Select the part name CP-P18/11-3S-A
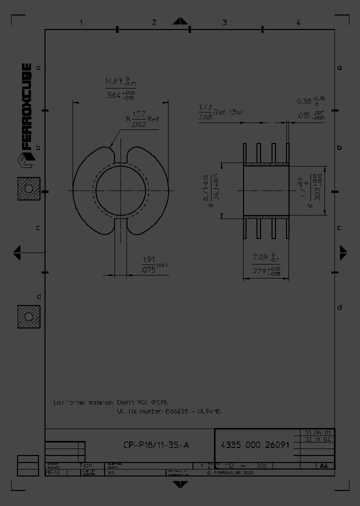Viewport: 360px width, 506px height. pyautogui.click(x=156, y=445)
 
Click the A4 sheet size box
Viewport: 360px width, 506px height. pyautogui.click(x=323, y=465)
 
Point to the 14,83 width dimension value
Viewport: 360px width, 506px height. pyautogui.click(x=113, y=81)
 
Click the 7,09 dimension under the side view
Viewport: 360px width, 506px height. pyautogui.click(x=260, y=257)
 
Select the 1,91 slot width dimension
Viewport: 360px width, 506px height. pyautogui.click(x=147, y=259)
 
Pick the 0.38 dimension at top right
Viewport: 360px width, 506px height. pyautogui.click(x=304, y=101)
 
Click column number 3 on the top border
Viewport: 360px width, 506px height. pyautogui.click(x=225, y=22)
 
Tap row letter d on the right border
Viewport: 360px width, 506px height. pyautogui.click(x=339, y=307)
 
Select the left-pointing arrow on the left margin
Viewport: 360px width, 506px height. pyautogui.click(x=17, y=252)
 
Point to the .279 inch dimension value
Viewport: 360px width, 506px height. pyautogui.click(x=258, y=271)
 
